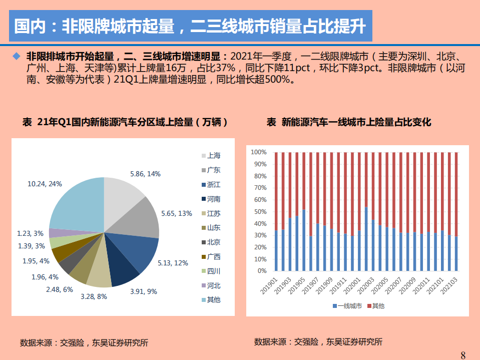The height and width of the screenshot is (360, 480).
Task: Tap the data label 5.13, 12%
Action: coord(173,262)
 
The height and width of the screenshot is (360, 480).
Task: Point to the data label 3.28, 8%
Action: coord(94,296)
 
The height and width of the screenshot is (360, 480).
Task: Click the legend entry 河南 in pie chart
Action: coord(213,199)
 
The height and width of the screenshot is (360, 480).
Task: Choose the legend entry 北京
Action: coord(213,242)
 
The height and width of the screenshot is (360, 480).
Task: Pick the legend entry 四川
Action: coord(213,271)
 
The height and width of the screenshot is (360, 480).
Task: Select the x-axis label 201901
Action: coord(273,288)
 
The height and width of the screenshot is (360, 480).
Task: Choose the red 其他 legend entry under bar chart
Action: coord(375,305)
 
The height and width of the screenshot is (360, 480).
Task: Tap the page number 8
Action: coord(463,355)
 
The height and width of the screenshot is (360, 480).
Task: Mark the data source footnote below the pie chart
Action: coord(84,343)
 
